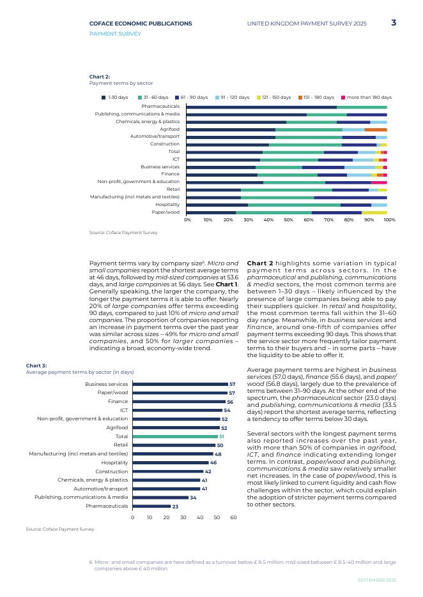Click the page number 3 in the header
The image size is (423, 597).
point(394,23)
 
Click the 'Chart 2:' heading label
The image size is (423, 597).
point(99,77)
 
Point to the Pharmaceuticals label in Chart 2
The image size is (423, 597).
point(160,107)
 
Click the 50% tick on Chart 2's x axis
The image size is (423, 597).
point(288,219)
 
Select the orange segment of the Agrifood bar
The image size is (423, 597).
point(376,129)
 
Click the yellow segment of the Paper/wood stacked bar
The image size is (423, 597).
point(374,212)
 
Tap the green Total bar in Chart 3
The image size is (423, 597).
point(175,436)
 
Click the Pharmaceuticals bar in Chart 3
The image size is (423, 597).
point(151,506)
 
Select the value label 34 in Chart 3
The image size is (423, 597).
point(193,497)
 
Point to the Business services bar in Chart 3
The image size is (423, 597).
point(180,384)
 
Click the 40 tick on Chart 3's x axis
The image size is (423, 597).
point(200,518)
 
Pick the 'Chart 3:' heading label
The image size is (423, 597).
point(36,365)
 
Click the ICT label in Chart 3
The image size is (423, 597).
point(124,410)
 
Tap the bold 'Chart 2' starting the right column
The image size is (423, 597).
point(260,263)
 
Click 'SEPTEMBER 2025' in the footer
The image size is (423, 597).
point(376,580)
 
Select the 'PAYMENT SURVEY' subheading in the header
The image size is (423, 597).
point(115,34)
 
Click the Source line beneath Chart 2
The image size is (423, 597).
point(123,233)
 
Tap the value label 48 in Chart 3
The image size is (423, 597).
point(218,453)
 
